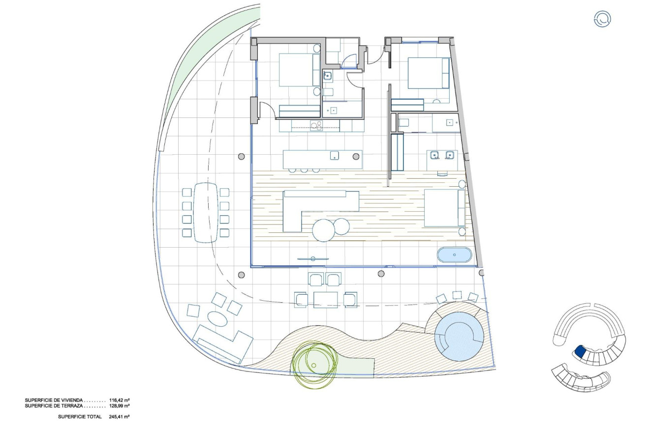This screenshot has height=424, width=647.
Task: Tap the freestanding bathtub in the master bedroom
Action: click(x=454, y=255)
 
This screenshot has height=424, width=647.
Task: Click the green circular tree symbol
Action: click(x=314, y=364)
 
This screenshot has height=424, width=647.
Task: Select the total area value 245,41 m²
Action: click(x=119, y=417)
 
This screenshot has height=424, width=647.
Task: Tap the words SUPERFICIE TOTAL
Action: click(x=80, y=417)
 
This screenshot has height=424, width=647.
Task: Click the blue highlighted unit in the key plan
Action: click(x=579, y=351)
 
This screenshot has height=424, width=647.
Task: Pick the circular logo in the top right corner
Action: click(x=602, y=19)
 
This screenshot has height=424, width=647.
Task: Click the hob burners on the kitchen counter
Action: click(x=316, y=126)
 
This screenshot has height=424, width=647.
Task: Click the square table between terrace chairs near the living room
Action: click(x=326, y=299)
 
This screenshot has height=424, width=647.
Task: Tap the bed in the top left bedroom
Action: click(x=299, y=70)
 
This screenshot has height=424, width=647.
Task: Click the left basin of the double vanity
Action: click(x=434, y=156)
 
